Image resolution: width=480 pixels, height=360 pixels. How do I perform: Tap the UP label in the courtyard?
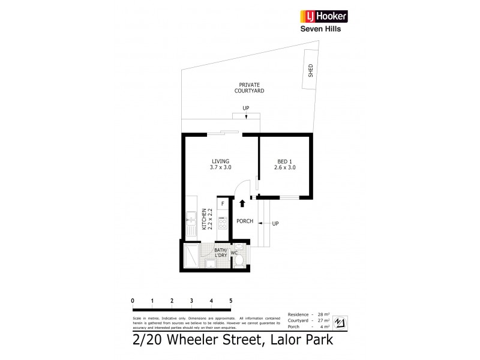pyautogui.click(x=246, y=108)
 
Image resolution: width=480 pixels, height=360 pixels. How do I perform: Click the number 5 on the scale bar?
pyautogui.click(x=230, y=301)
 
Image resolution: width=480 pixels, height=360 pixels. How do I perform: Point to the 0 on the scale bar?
pyautogui.click(x=133, y=301)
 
